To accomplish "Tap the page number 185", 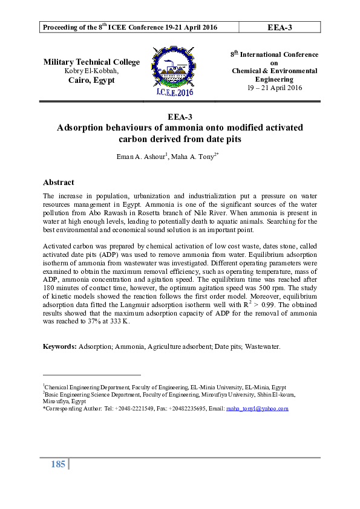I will [x=58, y=465].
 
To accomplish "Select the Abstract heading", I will [x=59, y=182].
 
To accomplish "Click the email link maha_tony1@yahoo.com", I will [x=257, y=409].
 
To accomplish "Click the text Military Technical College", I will [x=91, y=62].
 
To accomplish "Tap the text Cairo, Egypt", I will [x=91, y=80].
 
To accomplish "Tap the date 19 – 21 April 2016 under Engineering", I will [x=274, y=88].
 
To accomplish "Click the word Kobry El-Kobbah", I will [x=91, y=71].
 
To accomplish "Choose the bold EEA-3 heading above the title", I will [x=180, y=116].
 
